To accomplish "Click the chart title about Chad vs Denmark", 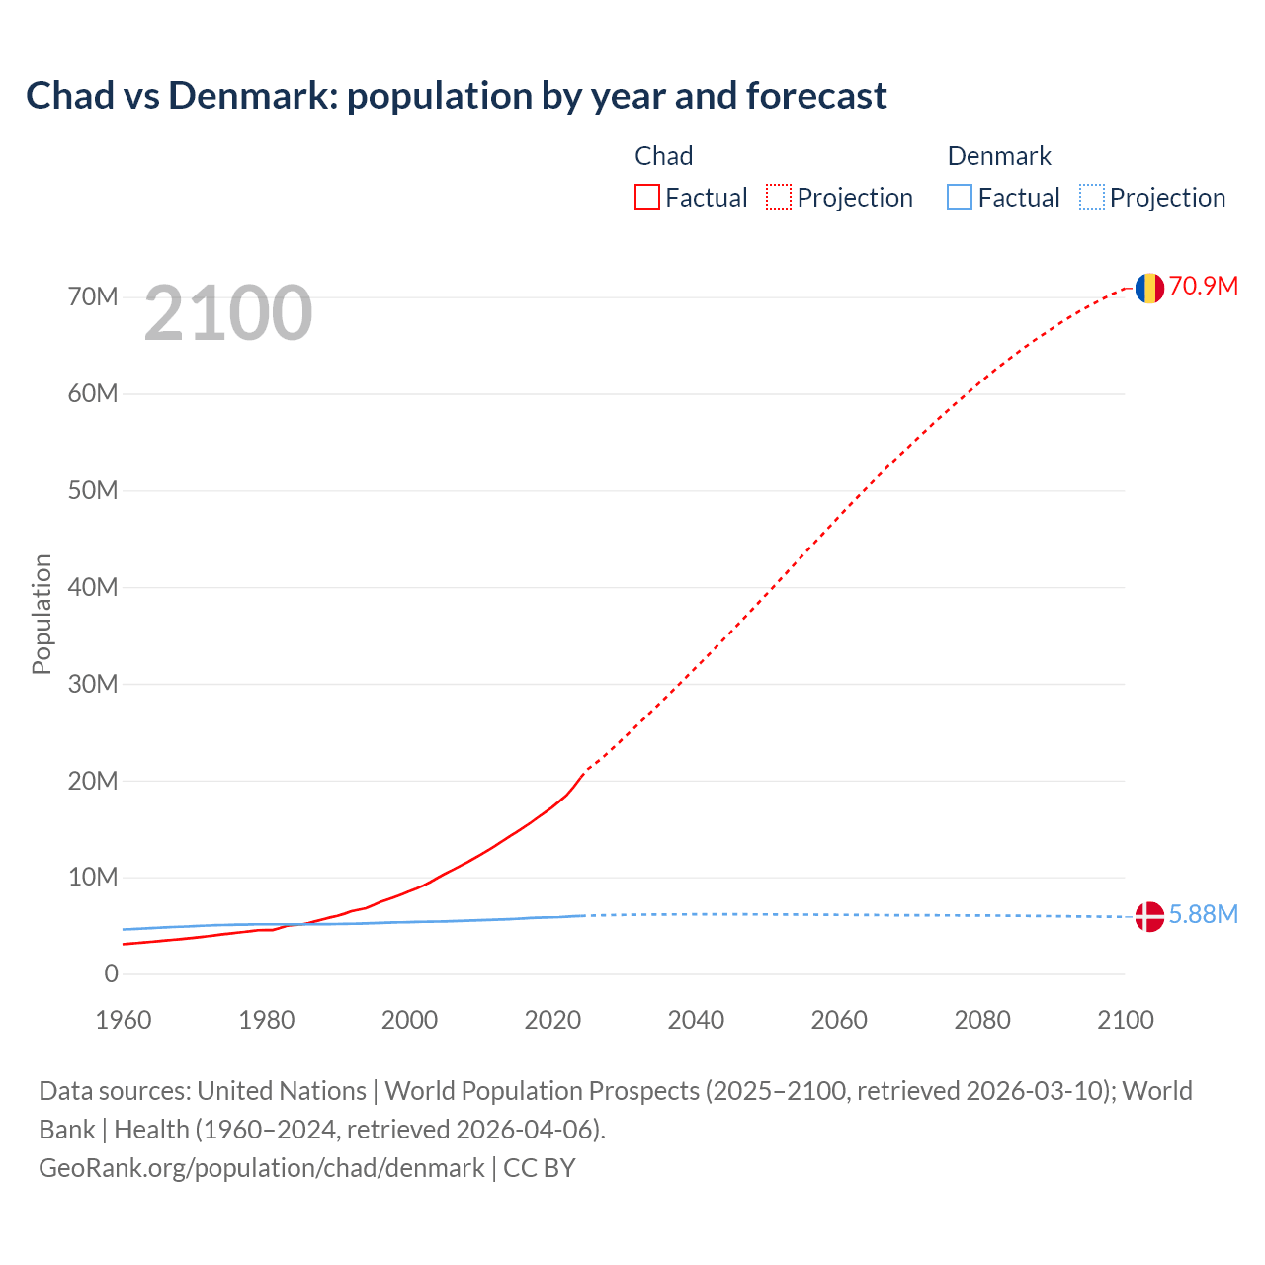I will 456,96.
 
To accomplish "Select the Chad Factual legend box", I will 647,197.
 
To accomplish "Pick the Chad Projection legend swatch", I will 779,197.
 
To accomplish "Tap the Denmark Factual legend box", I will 960,197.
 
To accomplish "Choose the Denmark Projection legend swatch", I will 1092,197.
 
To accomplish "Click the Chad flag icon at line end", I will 1149,288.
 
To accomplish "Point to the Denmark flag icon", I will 1149,916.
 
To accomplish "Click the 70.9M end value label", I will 1204,286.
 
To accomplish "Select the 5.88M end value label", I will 1204,914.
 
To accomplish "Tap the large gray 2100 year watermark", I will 228,313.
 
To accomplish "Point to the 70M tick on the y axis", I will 93,296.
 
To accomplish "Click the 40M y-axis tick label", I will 93,587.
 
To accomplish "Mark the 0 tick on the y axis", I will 111,973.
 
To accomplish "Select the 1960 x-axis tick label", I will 124,1020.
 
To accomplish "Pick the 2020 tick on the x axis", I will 552,1020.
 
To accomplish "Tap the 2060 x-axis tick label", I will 839,1020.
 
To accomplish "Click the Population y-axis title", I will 42,614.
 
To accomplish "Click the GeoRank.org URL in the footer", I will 262,1168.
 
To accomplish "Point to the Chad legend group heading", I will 663,156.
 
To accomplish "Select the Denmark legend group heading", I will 999,156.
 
